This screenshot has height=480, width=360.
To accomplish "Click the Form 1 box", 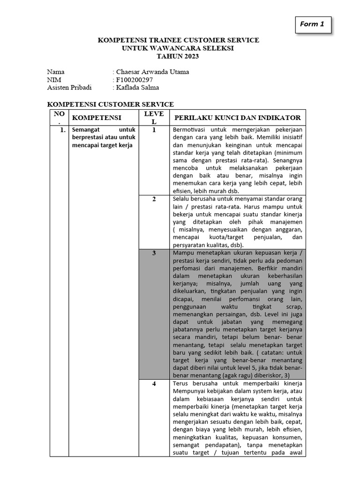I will coord(313,25).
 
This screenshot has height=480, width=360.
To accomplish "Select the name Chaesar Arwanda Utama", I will coord(152,72).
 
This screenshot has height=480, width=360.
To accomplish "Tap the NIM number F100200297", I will coord(134,79).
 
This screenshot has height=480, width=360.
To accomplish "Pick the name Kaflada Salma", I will coord(137,87).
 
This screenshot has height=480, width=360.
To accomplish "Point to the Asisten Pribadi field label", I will coord(69,87).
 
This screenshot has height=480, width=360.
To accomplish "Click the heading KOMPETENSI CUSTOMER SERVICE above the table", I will coord(111,104).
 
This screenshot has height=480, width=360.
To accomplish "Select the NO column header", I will coord(59,117).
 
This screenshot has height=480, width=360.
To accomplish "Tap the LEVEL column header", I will coord(154,117).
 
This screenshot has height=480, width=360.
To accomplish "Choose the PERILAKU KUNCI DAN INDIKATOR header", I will coord(237,117).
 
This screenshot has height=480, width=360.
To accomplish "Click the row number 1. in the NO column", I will coord(62,130).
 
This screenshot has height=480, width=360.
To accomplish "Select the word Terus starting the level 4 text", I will coord(180,383).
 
